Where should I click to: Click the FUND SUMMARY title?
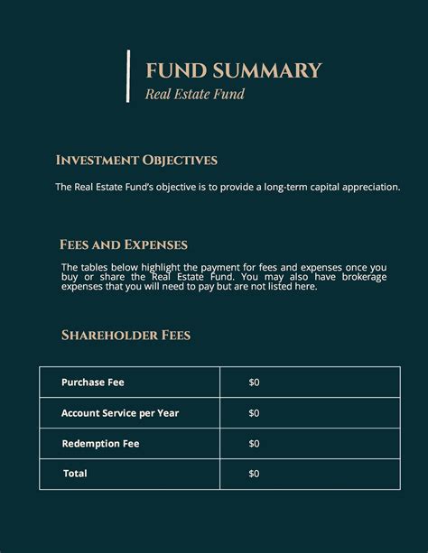233,71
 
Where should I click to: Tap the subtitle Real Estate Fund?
195,94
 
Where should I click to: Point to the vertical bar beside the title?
129,76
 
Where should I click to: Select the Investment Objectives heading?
136,161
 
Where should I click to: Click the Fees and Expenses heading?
124,244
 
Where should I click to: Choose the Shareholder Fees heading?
126,336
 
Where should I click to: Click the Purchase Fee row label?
93,382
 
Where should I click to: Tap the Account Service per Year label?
120,413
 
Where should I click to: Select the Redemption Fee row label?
100,444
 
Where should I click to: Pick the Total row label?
75,474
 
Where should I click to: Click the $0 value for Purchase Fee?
254,382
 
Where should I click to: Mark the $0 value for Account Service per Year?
254,413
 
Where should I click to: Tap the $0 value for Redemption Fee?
254,444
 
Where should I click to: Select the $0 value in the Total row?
254,474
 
